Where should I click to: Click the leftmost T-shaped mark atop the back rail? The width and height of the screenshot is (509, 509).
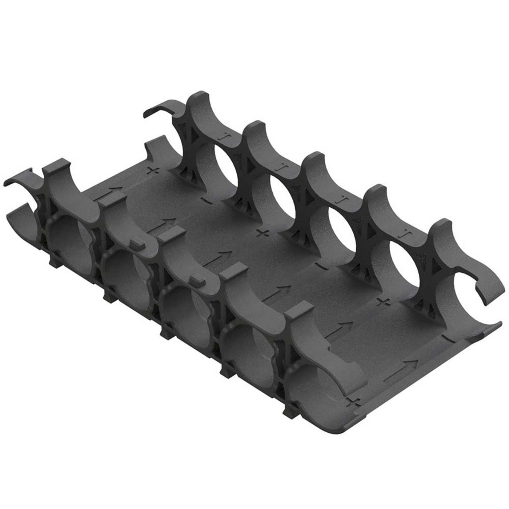(223, 137)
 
